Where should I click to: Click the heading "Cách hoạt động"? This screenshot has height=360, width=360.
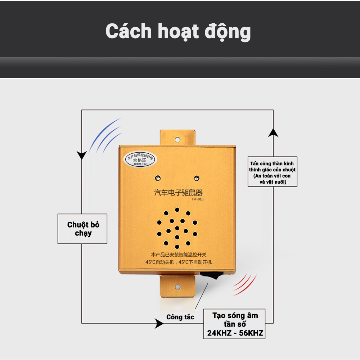pyautogui.click(x=178, y=32)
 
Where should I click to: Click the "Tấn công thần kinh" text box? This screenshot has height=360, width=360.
pyautogui.click(x=273, y=171)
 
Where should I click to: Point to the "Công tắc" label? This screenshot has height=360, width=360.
pyautogui.click(x=180, y=317)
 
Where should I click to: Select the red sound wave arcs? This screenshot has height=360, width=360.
pyautogui.click(x=245, y=283)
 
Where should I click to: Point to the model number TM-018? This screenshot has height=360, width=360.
pyautogui.click(x=198, y=200)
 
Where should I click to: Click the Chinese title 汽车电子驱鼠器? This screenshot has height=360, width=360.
pyautogui.click(x=178, y=193)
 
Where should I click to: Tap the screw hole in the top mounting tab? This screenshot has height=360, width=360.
pyautogui.click(x=177, y=139)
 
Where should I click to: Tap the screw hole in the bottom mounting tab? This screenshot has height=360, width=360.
pyautogui.click(x=177, y=287)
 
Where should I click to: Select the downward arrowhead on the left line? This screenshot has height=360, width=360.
pyautogui.click(x=82, y=155)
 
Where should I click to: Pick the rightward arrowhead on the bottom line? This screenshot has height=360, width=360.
pyautogui.click(x=158, y=323)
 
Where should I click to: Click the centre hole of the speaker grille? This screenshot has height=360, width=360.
pyautogui.click(x=177, y=228)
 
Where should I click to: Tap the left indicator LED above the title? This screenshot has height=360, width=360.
pyautogui.click(x=158, y=177)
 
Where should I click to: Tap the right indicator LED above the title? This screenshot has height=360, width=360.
pyautogui.click(x=197, y=177)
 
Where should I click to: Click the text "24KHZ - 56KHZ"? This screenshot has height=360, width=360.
pyautogui.click(x=235, y=333)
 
